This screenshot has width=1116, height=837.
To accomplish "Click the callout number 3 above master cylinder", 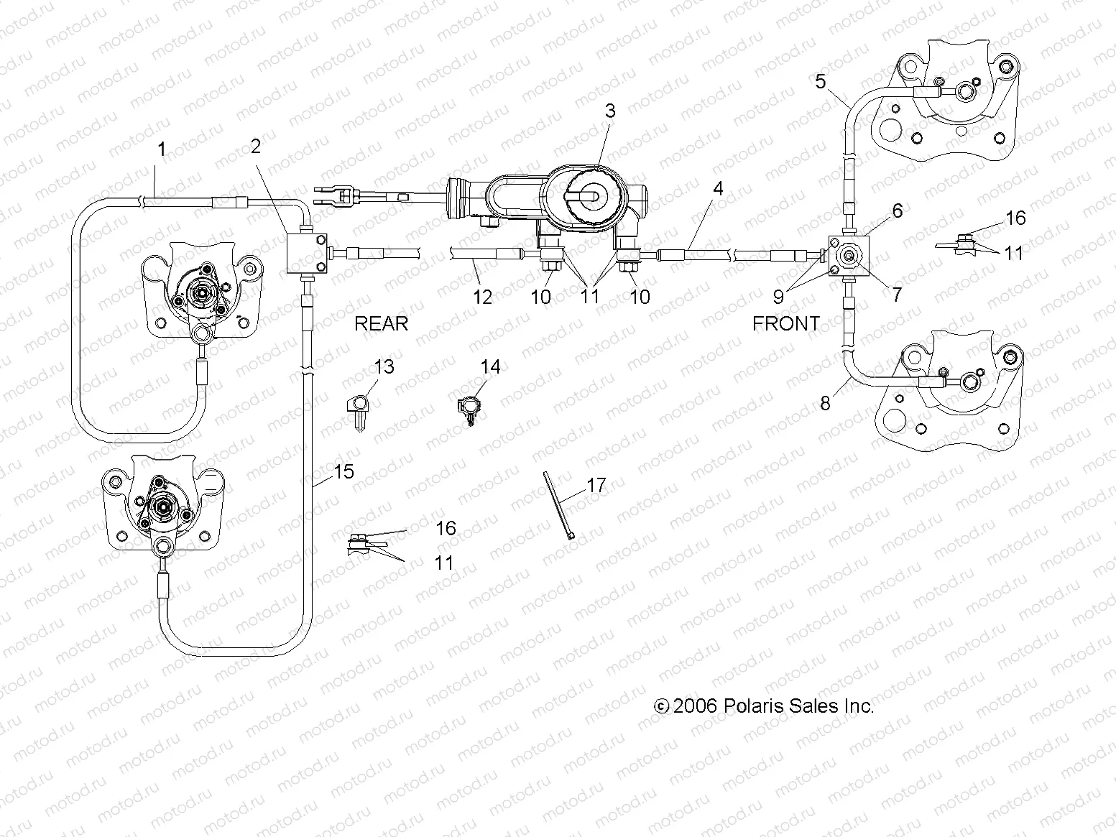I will coord(610,111).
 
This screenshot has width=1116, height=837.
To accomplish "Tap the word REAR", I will coord(381,323).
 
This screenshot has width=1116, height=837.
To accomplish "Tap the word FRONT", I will coord(785,323).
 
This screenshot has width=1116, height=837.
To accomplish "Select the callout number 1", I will coord(162,149).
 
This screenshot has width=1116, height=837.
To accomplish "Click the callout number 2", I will coord(256,146).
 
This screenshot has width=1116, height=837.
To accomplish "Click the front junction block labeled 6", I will coord(849,256).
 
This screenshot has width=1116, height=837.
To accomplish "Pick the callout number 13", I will coord(384,366).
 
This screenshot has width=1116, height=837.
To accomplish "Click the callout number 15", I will coord(344,471).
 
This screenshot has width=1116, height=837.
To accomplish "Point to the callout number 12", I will coord(482,296).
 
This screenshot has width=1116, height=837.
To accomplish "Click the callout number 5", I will coord(820,81).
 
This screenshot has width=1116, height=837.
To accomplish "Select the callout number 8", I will coord(825,403).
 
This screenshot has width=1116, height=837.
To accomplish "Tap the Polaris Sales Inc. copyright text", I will coord(764,706).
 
